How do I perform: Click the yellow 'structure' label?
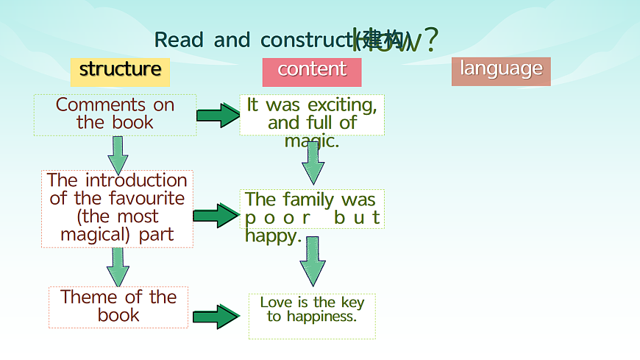coord(120,70)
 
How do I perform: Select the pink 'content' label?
coord(312,70)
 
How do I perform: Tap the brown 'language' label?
coord(501,70)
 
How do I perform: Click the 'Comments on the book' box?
coord(115,114)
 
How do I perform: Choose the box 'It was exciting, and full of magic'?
coord(312,114)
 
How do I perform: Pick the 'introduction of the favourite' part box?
coord(117,208)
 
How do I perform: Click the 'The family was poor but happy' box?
coord(312,209)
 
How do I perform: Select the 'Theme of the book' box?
coord(118,306)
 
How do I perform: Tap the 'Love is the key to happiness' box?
coord(312,310)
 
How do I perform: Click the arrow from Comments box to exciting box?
coord(218,115)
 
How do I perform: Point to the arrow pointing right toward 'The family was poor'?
coord(216,215)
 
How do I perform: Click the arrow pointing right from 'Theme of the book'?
coord(216,317)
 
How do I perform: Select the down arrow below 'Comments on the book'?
coord(118,154)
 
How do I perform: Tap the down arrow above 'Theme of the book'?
coord(118,267)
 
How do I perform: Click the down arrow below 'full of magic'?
coord(313,163)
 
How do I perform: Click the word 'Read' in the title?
coord(179,40)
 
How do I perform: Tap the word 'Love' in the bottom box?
coord(276,303)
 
